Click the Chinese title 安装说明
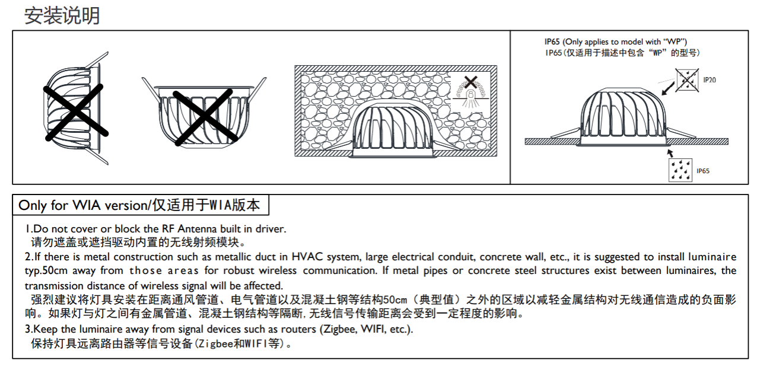[x=62, y=15]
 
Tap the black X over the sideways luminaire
[x=76, y=113]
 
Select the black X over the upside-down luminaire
[x=205, y=117]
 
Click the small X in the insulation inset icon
[x=470, y=82]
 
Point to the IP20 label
[x=710, y=80]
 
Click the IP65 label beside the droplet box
[x=703, y=171]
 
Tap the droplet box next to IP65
[x=680, y=170]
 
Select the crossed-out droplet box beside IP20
[x=687, y=80]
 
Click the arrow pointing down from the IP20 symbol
[x=668, y=88]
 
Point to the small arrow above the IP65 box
[x=670, y=153]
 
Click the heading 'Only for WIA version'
[x=83, y=205]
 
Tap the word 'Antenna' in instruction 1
[x=197, y=229]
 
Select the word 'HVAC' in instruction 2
[x=307, y=257]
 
